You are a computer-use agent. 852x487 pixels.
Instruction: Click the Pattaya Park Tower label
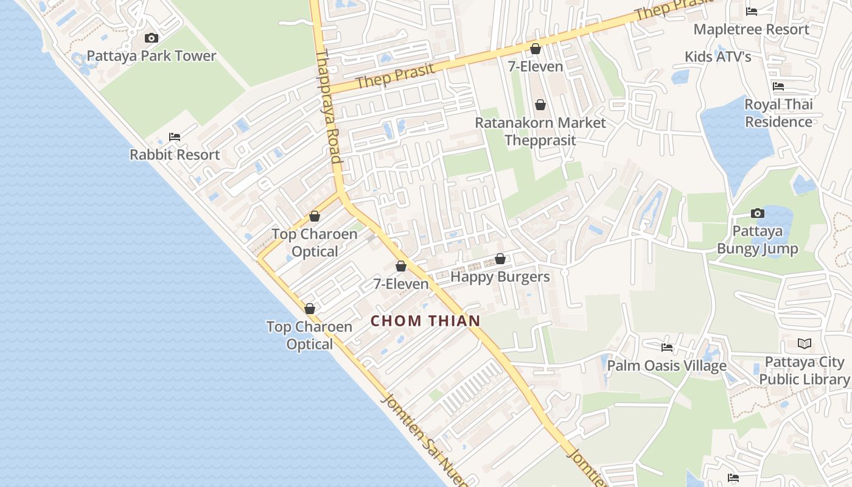click(x=152, y=56)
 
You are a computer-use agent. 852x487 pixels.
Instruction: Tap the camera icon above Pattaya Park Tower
click(x=152, y=38)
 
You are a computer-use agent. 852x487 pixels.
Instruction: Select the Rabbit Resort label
click(x=175, y=155)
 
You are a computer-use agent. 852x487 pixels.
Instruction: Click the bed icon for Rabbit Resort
click(x=175, y=137)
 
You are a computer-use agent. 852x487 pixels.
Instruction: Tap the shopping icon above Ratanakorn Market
click(x=540, y=105)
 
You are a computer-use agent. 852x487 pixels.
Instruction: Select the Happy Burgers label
click(x=500, y=277)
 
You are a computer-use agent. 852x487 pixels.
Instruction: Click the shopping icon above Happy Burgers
click(x=500, y=259)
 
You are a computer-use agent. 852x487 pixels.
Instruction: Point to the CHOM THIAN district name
click(x=425, y=321)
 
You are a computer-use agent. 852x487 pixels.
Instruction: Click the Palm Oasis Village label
click(x=667, y=366)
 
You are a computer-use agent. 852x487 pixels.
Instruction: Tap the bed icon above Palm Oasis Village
click(x=667, y=348)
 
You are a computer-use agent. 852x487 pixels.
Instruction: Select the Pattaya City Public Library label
click(x=804, y=371)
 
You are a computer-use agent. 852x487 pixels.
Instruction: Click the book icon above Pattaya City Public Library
click(x=804, y=344)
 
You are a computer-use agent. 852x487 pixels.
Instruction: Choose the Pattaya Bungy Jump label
click(x=757, y=240)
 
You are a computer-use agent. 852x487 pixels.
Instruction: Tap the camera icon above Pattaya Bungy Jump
click(x=757, y=213)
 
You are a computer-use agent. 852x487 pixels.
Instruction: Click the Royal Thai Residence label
click(x=778, y=113)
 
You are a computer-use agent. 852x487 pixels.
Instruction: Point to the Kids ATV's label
click(x=718, y=57)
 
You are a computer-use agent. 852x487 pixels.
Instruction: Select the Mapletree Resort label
click(x=751, y=29)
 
